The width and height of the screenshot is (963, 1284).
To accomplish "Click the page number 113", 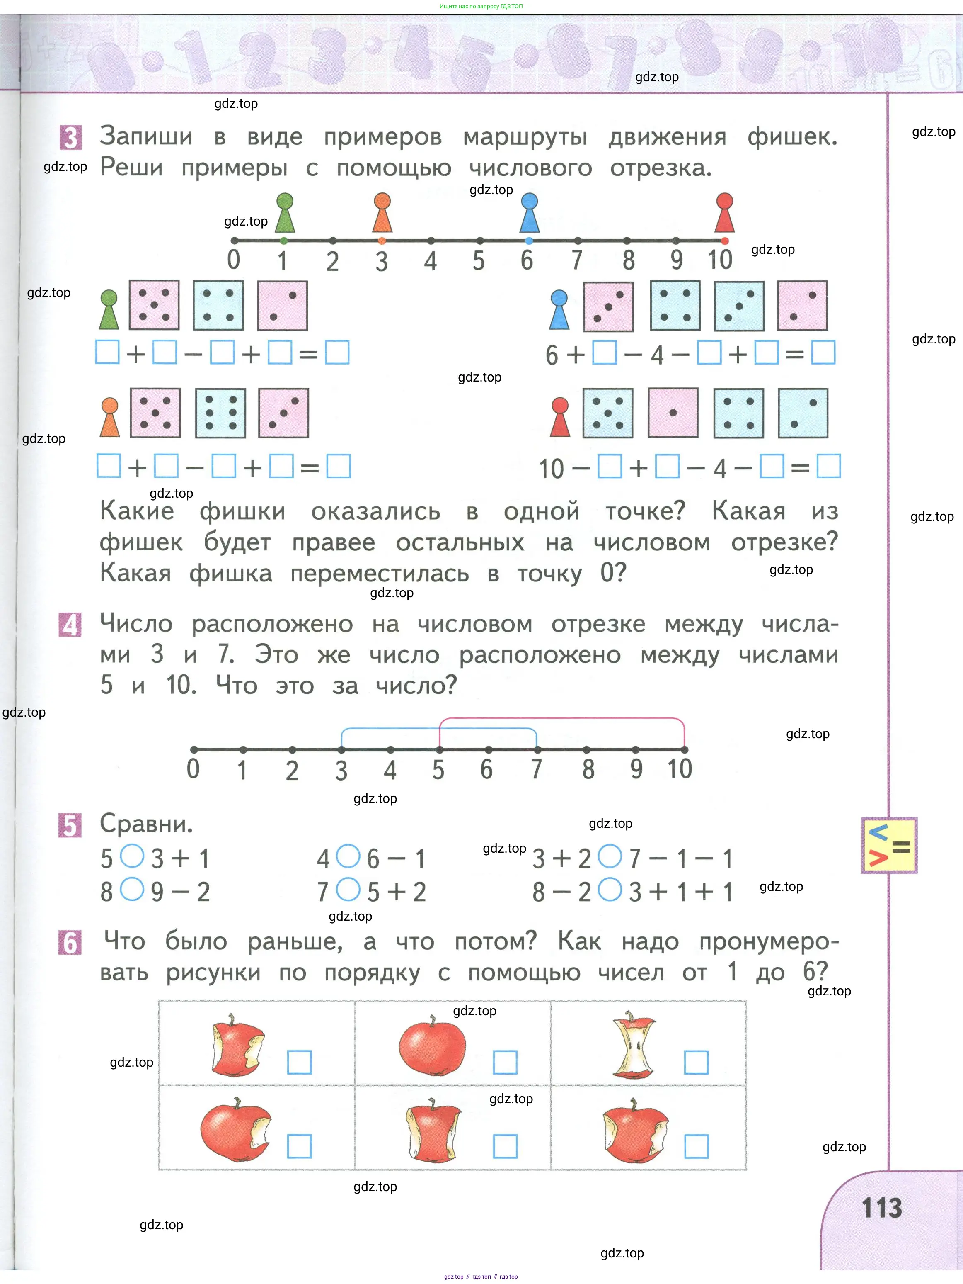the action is click(882, 1208).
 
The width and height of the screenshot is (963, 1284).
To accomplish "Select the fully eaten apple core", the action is click(634, 1045).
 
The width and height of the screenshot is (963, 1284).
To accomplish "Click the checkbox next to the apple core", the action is click(696, 1062).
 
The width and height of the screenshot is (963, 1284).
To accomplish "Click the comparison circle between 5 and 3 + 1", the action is click(132, 856).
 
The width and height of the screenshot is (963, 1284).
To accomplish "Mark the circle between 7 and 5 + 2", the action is click(348, 889).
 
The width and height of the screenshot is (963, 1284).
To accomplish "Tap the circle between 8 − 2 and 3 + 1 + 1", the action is click(610, 889).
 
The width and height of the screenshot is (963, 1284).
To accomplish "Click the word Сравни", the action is click(146, 823).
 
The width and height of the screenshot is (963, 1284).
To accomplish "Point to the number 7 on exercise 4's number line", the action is click(537, 769).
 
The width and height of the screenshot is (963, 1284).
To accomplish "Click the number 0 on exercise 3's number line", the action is click(233, 260).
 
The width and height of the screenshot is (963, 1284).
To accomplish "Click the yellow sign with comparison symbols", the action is click(889, 845).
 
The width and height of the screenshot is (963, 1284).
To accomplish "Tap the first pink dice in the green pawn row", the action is click(154, 305).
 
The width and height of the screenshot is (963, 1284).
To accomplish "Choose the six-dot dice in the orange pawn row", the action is click(220, 413).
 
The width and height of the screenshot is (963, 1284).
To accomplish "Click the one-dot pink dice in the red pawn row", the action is click(673, 413).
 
